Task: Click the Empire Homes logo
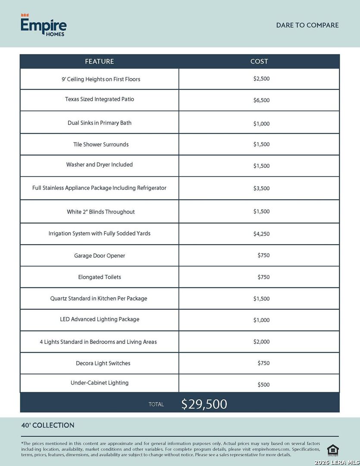coord(44,25)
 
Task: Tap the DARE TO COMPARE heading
coord(307,25)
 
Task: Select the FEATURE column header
coord(99,61)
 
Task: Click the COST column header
coord(259,61)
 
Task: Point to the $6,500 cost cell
coord(261,101)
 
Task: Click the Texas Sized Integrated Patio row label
coord(100,99)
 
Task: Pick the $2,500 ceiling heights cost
coord(261,79)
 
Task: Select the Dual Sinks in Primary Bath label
coord(100,123)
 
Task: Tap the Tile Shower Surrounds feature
coord(101,145)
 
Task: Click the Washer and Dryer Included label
coord(100,165)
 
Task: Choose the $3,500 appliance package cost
coord(261,189)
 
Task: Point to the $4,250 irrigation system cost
coord(261,234)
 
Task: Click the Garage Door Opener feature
coord(100,256)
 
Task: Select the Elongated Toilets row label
coord(100,277)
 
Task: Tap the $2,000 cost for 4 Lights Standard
coord(261,342)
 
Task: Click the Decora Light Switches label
coord(103,363)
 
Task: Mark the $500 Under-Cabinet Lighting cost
coord(263,385)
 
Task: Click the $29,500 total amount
coord(204,404)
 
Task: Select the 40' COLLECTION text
coord(48,425)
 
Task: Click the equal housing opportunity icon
coord(333,450)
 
